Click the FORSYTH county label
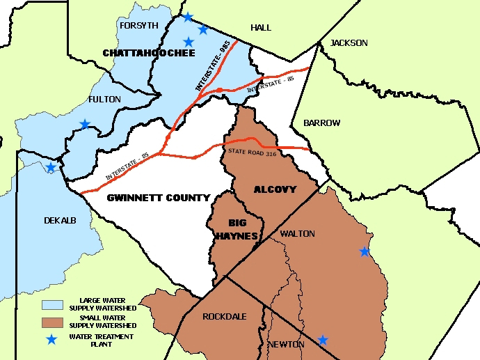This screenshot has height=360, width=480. (139, 26)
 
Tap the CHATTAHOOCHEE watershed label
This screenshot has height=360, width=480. (143, 53)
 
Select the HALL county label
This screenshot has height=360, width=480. (261, 28)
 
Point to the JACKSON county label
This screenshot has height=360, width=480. (349, 43)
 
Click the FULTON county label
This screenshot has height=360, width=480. (104, 100)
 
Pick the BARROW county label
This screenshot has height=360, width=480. (321, 123)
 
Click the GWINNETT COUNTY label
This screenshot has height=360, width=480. (158, 198)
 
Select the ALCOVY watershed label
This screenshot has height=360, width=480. (275, 189)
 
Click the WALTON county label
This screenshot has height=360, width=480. (297, 234)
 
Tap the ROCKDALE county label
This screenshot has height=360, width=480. (225, 316)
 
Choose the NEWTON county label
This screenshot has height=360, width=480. (285, 344)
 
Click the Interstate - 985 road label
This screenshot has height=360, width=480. (213, 67)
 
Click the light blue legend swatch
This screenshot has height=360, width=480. (51, 304)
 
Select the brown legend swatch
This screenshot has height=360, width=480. (51, 322)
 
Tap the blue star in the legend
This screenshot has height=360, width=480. (51, 339)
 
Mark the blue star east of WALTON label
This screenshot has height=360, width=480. (365, 251)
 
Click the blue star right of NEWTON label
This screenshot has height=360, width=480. (323, 340)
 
